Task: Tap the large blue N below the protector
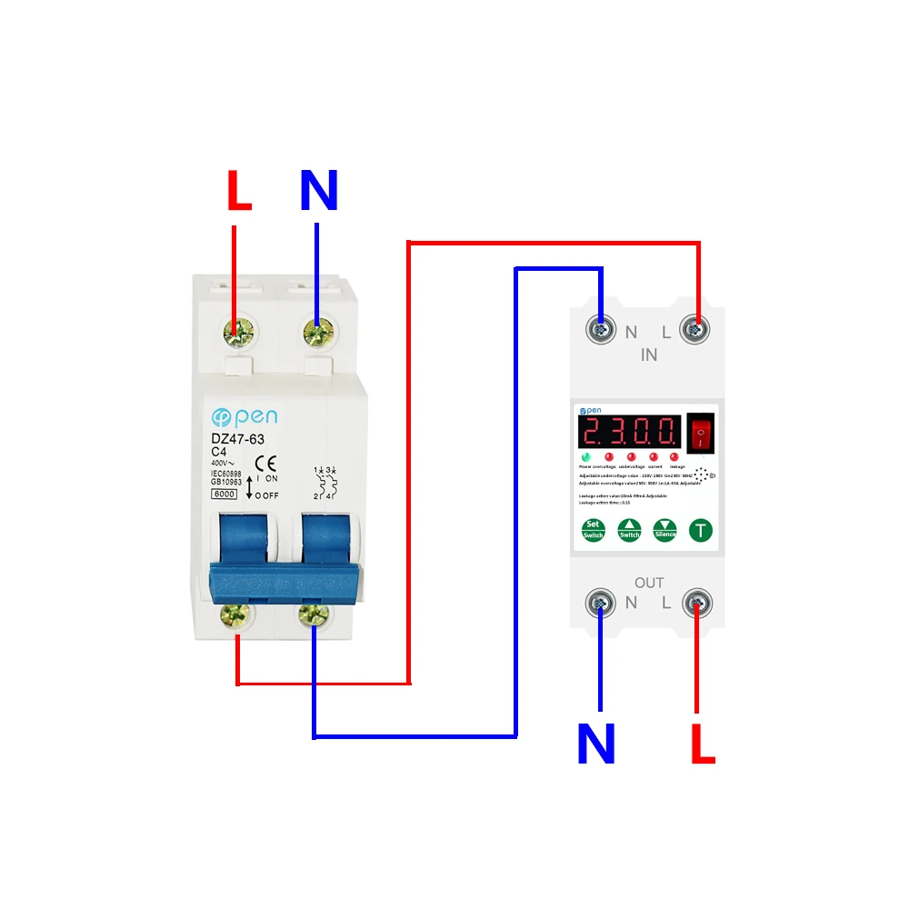596,744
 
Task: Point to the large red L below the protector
703,744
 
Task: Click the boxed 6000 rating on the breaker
224,494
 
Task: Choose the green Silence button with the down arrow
665,530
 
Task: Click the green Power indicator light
587,456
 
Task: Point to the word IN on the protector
648,355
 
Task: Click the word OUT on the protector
649,583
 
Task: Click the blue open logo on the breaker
245,417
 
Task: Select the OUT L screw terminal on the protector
697,601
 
